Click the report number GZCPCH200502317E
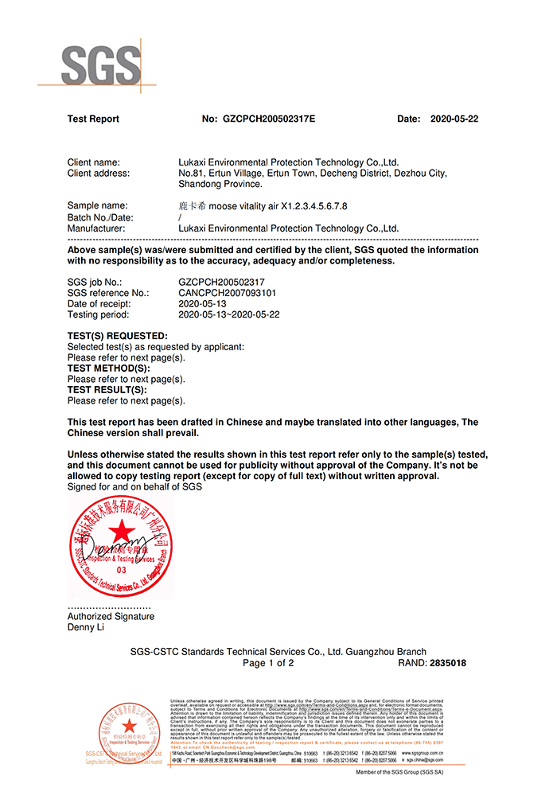click(269, 119)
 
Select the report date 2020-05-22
click(454, 119)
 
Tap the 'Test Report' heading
click(93, 119)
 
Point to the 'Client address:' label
click(99, 173)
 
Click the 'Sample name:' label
click(97, 206)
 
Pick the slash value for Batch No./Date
click(181, 217)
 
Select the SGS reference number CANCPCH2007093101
click(228, 293)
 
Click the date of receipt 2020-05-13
click(203, 303)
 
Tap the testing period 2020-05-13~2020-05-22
click(229, 314)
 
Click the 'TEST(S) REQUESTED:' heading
click(118, 336)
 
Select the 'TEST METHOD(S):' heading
click(109, 369)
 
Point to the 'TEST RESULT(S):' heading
click(107, 390)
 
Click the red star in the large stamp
click(121, 531)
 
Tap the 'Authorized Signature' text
click(111, 616)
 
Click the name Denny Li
click(86, 627)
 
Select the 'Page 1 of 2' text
click(268, 663)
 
